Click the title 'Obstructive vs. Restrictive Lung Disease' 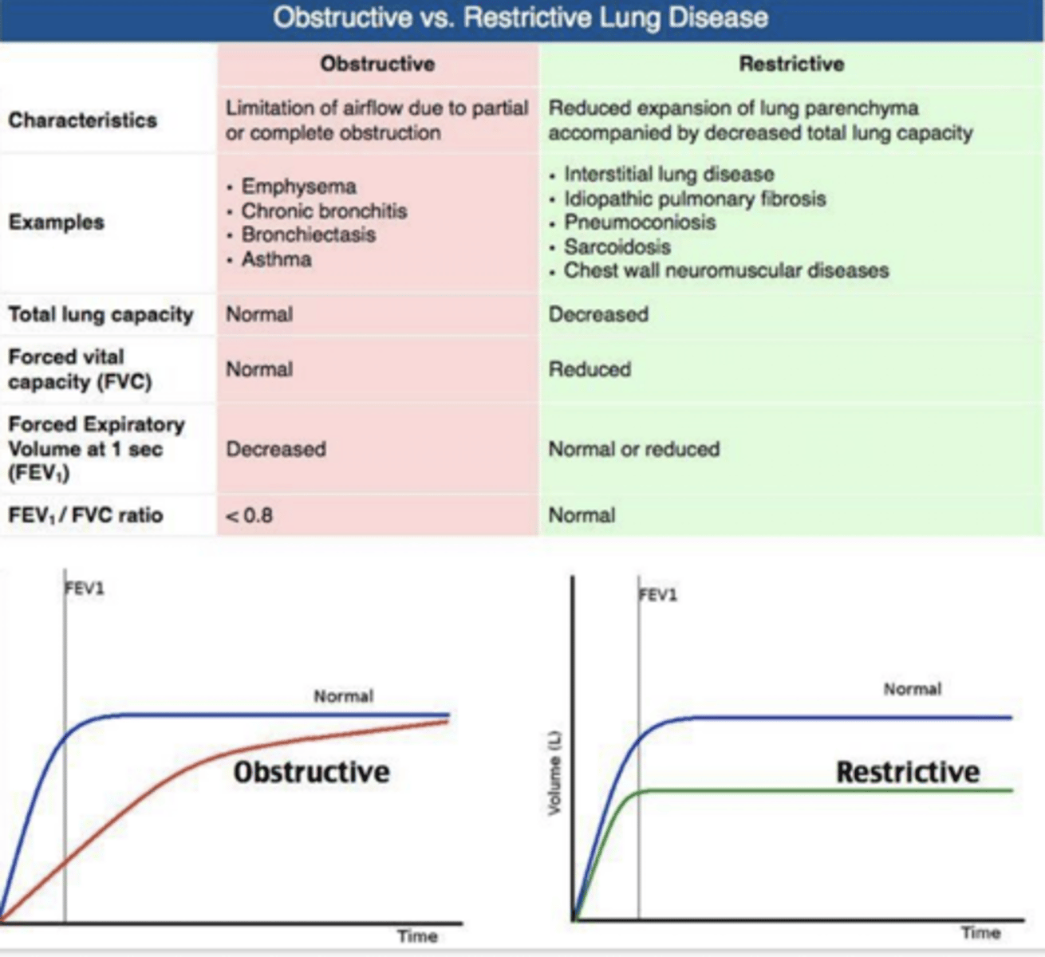tap(521, 18)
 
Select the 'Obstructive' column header tap(377, 64)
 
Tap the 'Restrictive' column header tap(791, 64)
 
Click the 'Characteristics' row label tap(82, 120)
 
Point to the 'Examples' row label tap(56, 222)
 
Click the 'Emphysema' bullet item tap(298, 187)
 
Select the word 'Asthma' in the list tap(276, 259)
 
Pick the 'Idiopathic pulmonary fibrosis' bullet tap(694, 199)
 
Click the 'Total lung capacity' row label tap(101, 314)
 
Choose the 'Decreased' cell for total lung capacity tap(598, 314)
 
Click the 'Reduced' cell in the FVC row tap(590, 369)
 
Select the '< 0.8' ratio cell tap(250, 515)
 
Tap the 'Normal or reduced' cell tap(633, 449)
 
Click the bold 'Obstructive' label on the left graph tap(311, 772)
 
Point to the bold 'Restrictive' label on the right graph tap(907, 772)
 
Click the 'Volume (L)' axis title tap(554, 773)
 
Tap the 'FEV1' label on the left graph tap(85, 589)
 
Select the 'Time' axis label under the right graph tap(980, 932)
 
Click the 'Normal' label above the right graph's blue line tap(912, 689)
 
